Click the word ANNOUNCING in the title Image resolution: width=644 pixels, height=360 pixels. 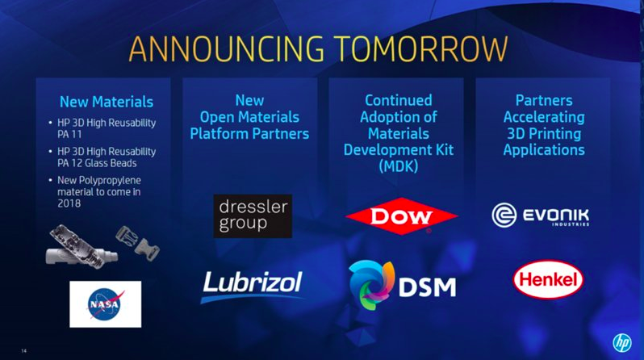(x=226, y=48)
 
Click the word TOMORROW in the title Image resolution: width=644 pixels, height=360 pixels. (x=420, y=48)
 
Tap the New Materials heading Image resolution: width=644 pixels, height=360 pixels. (x=107, y=102)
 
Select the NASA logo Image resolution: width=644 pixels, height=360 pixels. (x=106, y=304)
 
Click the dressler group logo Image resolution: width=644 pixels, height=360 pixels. (x=253, y=216)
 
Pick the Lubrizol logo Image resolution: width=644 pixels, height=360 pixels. (x=252, y=286)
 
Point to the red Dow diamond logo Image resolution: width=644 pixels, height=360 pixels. (x=401, y=216)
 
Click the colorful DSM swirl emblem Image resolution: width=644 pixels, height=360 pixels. (x=371, y=285)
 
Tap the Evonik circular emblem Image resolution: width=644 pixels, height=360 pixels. (x=504, y=215)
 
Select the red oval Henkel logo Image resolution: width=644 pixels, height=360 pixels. (x=548, y=279)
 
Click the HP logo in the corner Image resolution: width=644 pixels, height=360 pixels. (x=622, y=342)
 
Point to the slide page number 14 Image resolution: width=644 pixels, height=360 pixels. (x=24, y=350)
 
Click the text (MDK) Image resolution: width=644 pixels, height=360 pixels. (x=399, y=166)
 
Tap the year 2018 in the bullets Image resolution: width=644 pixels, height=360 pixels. (x=69, y=203)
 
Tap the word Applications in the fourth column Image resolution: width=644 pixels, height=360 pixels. (x=544, y=150)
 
